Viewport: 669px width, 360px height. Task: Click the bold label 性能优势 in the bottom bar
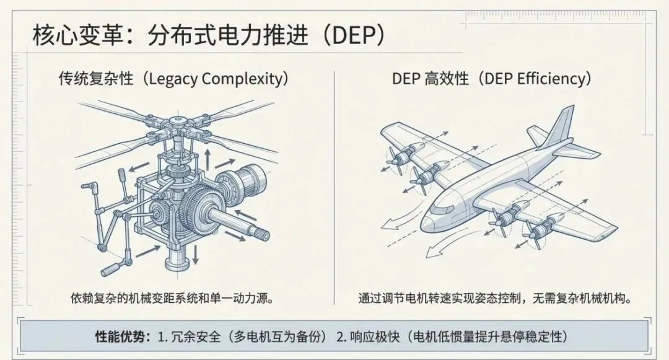tap(122, 337)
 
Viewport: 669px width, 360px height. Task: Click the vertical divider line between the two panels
tap(334, 186)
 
